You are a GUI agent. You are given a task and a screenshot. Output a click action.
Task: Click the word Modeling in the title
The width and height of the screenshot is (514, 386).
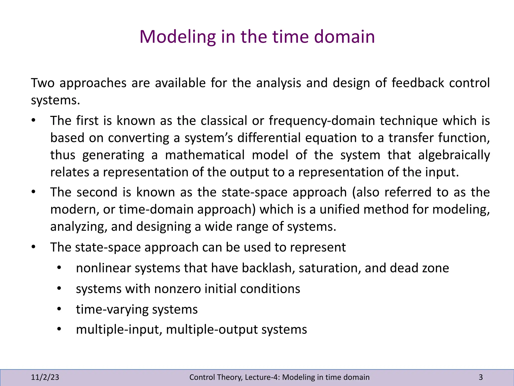tap(177, 37)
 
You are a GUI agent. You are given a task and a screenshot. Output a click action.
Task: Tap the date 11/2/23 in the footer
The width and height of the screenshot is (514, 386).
tap(45, 377)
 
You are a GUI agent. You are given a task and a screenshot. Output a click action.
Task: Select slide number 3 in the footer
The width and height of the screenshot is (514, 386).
tap(481, 377)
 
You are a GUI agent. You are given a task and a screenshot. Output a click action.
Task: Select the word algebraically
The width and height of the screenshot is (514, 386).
tap(454, 155)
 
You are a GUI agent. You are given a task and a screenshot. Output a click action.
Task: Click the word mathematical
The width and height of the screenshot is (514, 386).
tap(205, 155)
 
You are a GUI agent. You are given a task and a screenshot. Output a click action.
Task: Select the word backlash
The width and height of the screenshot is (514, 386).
tap(268, 268)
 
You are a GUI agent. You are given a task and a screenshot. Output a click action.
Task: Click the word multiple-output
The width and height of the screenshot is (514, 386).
tap(212, 329)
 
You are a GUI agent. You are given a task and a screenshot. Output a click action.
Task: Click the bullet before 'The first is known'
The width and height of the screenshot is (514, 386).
tap(34, 121)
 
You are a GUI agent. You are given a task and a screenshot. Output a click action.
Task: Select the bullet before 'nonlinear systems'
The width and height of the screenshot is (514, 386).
tap(59, 268)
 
